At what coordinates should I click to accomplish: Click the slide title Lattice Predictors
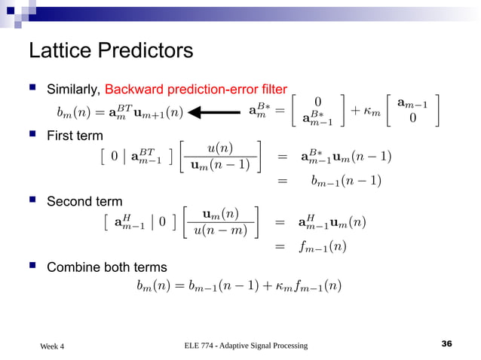(x=110, y=51)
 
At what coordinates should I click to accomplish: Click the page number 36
(x=446, y=344)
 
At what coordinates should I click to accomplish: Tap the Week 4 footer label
(x=52, y=346)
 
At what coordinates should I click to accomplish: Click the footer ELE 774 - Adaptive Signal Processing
(x=246, y=345)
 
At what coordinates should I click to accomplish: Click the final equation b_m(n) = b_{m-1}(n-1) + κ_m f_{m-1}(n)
(x=239, y=286)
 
